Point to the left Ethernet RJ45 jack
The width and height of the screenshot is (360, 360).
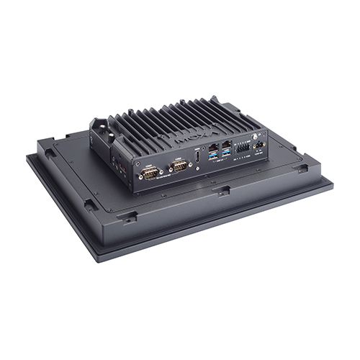coord(213,144)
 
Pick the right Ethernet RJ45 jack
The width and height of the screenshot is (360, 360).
coord(228,143)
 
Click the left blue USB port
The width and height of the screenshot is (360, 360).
coord(214,154)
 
